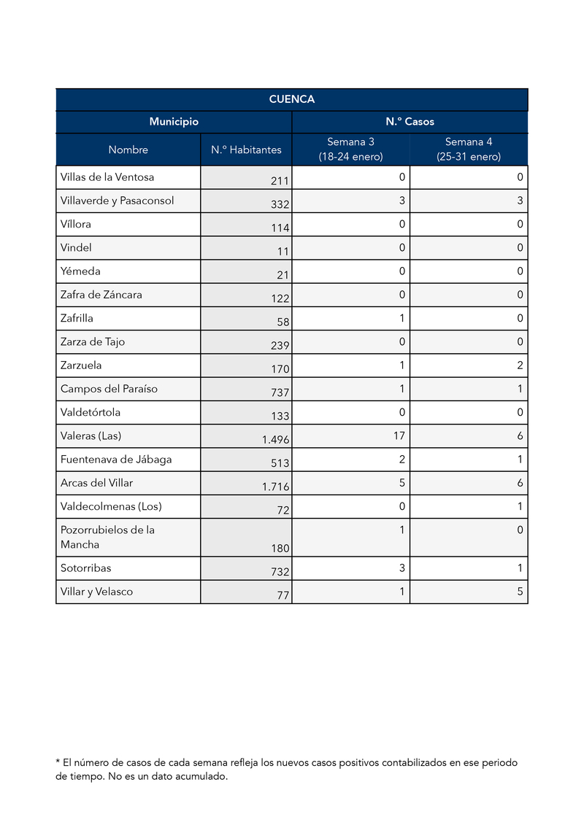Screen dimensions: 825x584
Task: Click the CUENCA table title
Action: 291,99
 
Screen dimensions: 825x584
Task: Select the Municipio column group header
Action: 174,122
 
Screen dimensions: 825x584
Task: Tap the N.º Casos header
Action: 410,122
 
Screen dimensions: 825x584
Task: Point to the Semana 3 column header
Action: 350,150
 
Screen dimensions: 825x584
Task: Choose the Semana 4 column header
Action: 469,150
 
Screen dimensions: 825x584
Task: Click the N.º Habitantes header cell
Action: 246,150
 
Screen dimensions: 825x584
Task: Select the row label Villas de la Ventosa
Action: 107,177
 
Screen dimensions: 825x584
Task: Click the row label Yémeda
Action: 80,271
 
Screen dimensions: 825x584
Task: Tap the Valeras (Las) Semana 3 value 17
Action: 400,436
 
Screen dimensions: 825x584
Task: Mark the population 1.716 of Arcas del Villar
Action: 276,487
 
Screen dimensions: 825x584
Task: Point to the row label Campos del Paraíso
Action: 109,389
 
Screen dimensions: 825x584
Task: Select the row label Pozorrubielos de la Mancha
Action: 107,538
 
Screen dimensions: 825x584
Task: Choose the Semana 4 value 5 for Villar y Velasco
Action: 520,592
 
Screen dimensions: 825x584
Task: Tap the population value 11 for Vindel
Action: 283,252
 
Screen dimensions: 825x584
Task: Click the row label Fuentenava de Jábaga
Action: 116,460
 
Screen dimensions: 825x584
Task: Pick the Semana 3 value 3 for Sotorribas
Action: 402,568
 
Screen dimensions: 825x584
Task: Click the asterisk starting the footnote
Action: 58,762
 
